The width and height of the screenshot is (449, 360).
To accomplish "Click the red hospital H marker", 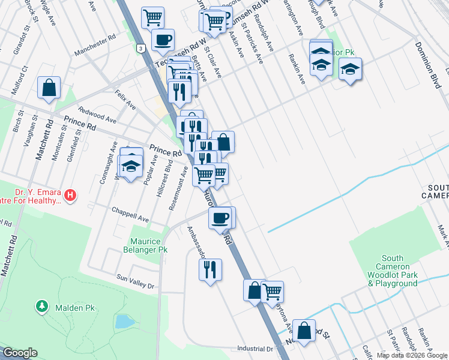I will pos(71,195).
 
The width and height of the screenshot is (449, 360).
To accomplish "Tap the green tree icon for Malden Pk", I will pos(42,307).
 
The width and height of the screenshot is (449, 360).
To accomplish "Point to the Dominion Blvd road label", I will pos(427,65).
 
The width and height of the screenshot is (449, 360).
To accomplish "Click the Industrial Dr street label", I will pos(255,349).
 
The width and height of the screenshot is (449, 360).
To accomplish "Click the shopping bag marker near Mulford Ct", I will pos(49,88).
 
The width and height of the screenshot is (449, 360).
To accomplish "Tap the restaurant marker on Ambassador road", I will pos(210,269).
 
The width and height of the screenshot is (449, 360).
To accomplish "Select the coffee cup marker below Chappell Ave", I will pos(220,218).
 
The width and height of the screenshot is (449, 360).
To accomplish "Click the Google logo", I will pos(20,353).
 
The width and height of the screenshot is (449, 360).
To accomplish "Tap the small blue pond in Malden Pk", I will pos(125,321).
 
